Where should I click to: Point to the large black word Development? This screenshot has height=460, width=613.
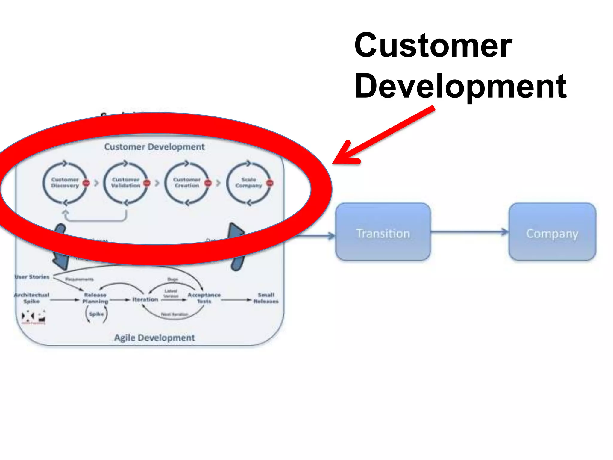(460, 86)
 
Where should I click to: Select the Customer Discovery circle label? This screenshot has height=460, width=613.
(65, 183)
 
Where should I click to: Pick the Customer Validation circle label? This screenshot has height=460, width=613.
(126, 183)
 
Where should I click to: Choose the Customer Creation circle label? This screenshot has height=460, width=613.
(187, 183)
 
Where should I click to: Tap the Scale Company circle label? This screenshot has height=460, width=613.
(248, 183)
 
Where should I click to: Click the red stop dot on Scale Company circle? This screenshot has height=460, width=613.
(270, 183)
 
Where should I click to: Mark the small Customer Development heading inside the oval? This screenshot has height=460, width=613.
(154, 147)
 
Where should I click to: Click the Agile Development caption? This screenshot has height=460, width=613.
(154, 338)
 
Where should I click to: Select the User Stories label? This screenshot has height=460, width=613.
(32, 277)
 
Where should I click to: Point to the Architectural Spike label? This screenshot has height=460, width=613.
(31, 298)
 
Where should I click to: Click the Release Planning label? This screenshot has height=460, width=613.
(95, 298)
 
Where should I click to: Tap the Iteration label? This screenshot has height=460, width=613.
(145, 299)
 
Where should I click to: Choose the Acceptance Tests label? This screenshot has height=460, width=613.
(204, 298)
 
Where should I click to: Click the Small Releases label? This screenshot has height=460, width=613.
(266, 298)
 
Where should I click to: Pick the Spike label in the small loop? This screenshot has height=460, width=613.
(96, 314)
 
